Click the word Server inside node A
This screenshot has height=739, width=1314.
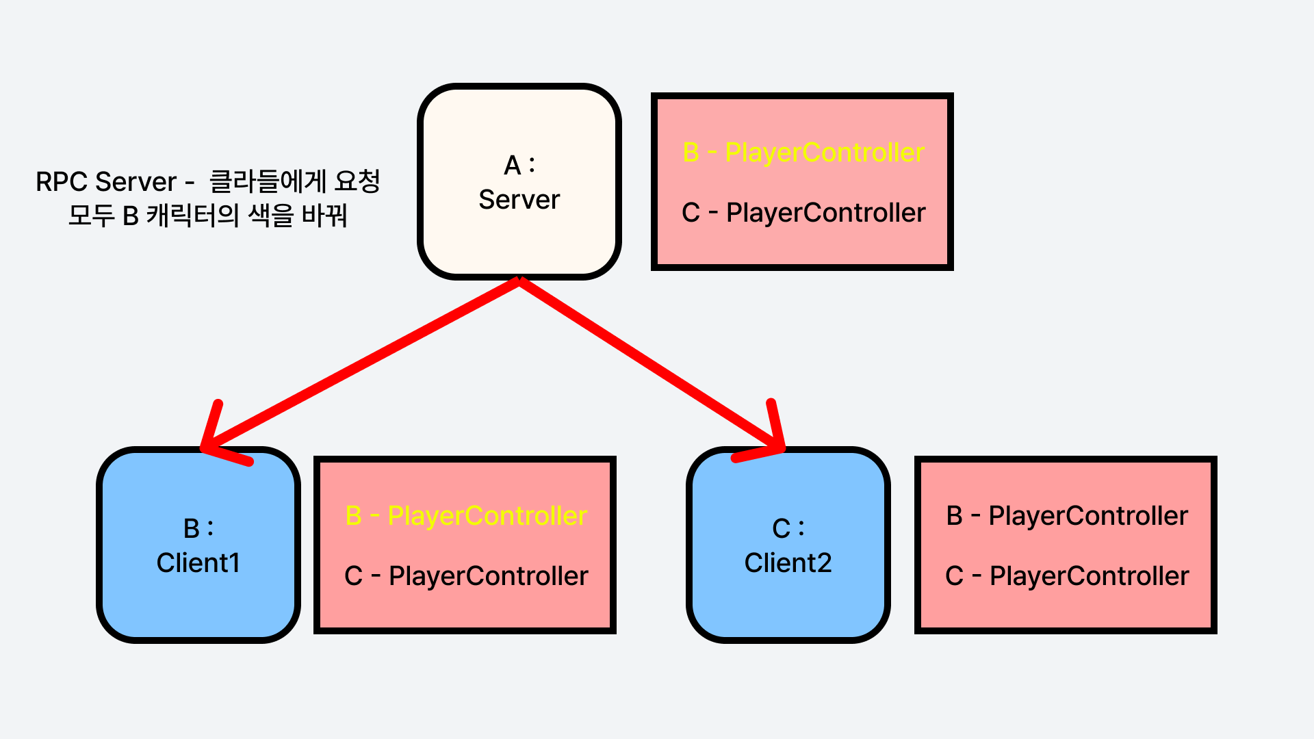point(519,200)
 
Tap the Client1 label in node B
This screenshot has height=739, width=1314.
point(198,563)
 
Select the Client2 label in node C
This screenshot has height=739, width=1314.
point(788,563)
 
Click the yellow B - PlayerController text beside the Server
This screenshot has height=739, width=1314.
point(803,152)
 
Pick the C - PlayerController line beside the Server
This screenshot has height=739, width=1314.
point(803,213)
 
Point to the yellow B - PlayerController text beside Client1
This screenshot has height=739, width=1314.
point(466,516)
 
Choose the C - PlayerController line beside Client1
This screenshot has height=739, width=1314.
point(466,576)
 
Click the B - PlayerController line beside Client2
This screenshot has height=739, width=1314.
point(1067,516)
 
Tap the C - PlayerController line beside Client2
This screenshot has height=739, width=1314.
point(1067,576)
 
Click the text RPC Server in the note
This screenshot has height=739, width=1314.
point(106,182)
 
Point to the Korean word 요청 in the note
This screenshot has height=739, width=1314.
point(357,181)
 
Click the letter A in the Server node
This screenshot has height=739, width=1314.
point(513,166)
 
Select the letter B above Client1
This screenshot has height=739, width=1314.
point(191,529)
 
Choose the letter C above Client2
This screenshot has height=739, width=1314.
point(781,529)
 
